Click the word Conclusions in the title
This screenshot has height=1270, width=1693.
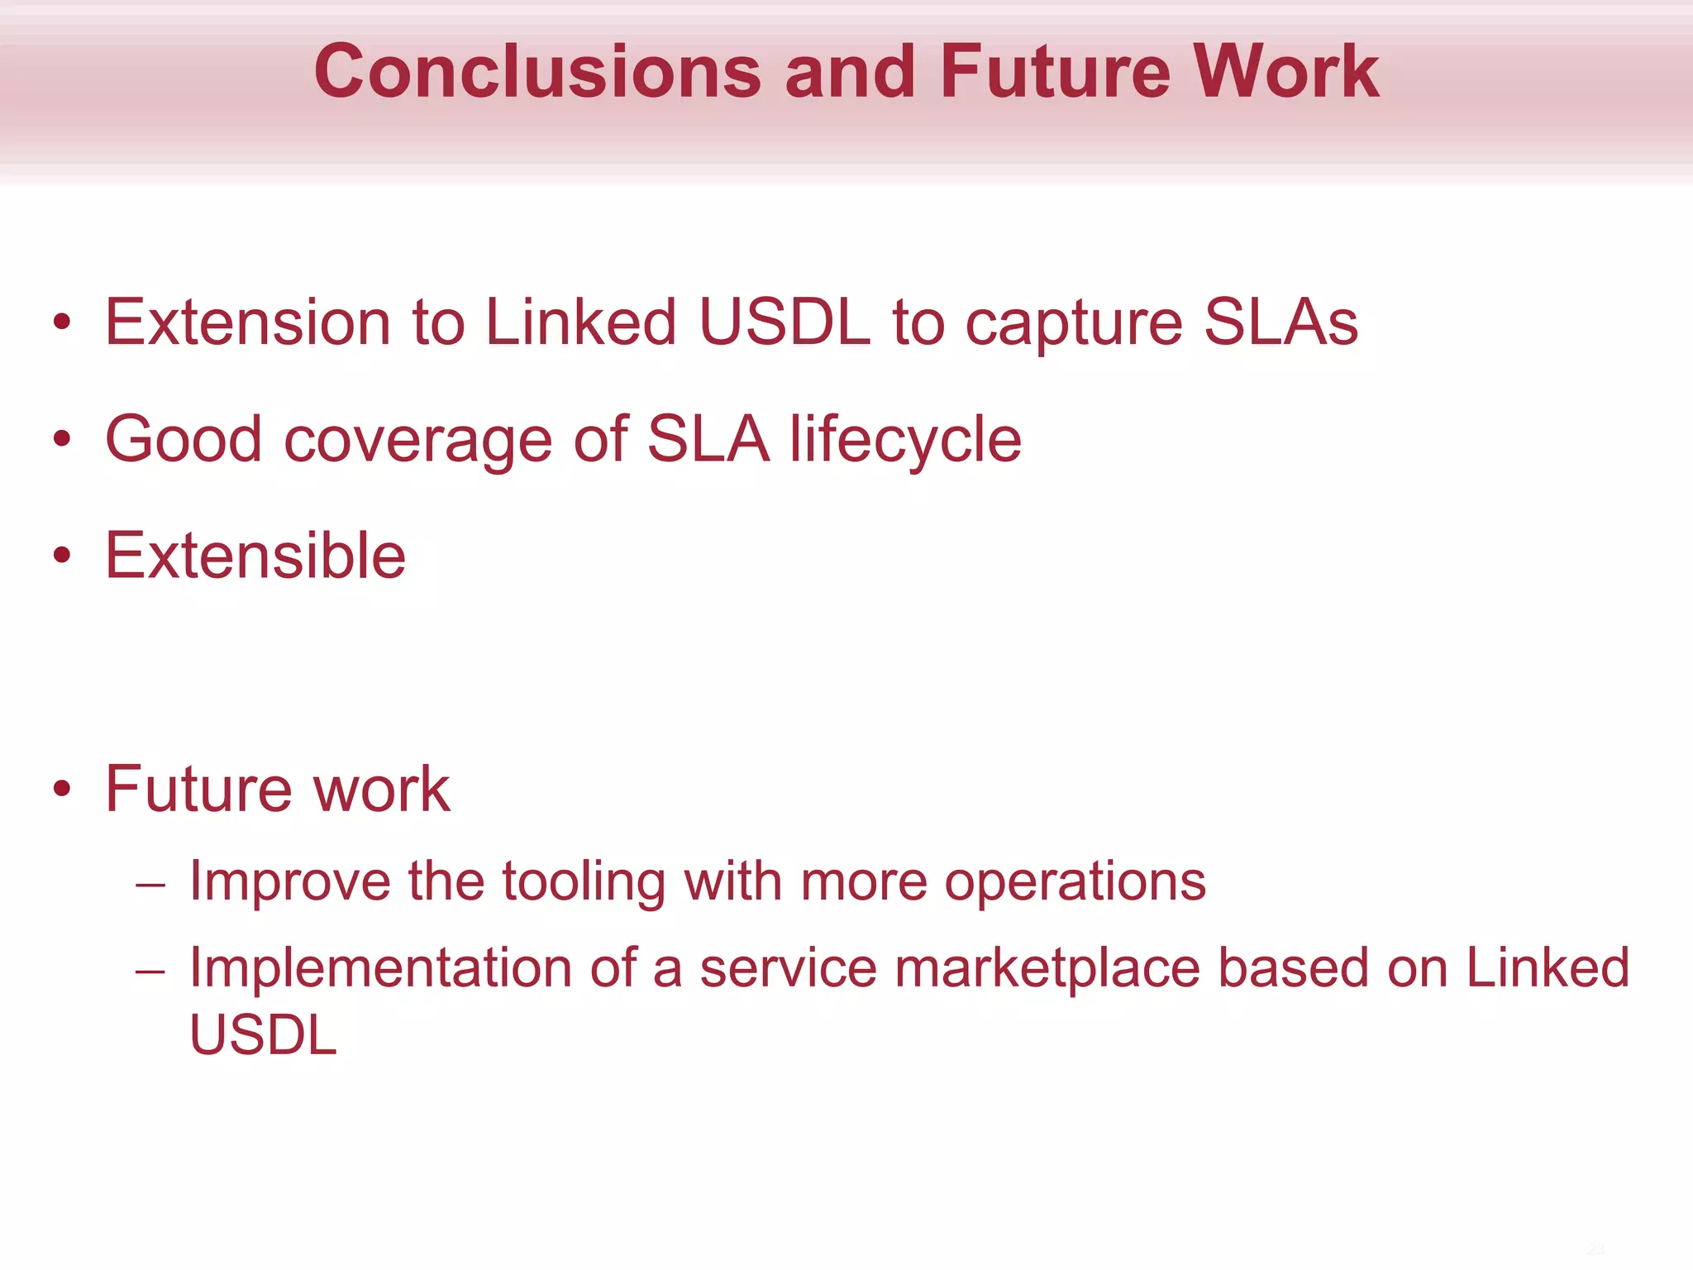537,73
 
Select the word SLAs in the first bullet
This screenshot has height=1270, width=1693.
1280,322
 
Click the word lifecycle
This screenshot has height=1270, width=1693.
905,441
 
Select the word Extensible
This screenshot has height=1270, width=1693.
255,556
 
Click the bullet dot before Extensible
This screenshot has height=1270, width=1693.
62,556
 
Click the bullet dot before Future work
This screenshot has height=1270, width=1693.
62,789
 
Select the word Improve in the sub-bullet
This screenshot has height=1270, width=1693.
289,881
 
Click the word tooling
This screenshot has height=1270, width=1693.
584,882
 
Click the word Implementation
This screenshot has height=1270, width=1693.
380,969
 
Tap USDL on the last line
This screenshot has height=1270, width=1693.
263,1035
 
